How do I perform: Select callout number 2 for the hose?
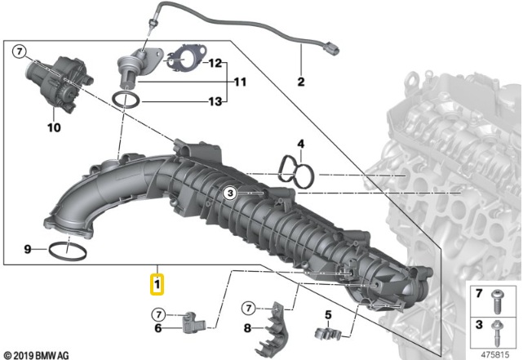[x=300, y=82]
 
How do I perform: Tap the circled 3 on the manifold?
[x=231, y=193]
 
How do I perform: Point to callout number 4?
[x=300, y=144]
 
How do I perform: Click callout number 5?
[x=328, y=313]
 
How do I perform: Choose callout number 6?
[x=159, y=329]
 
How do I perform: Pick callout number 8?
[x=247, y=329]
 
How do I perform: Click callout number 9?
[x=28, y=248]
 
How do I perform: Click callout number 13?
[x=215, y=101]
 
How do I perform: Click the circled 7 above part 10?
[x=19, y=53]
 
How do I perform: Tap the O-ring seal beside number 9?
[x=68, y=249]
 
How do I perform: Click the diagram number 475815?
[x=494, y=353]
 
